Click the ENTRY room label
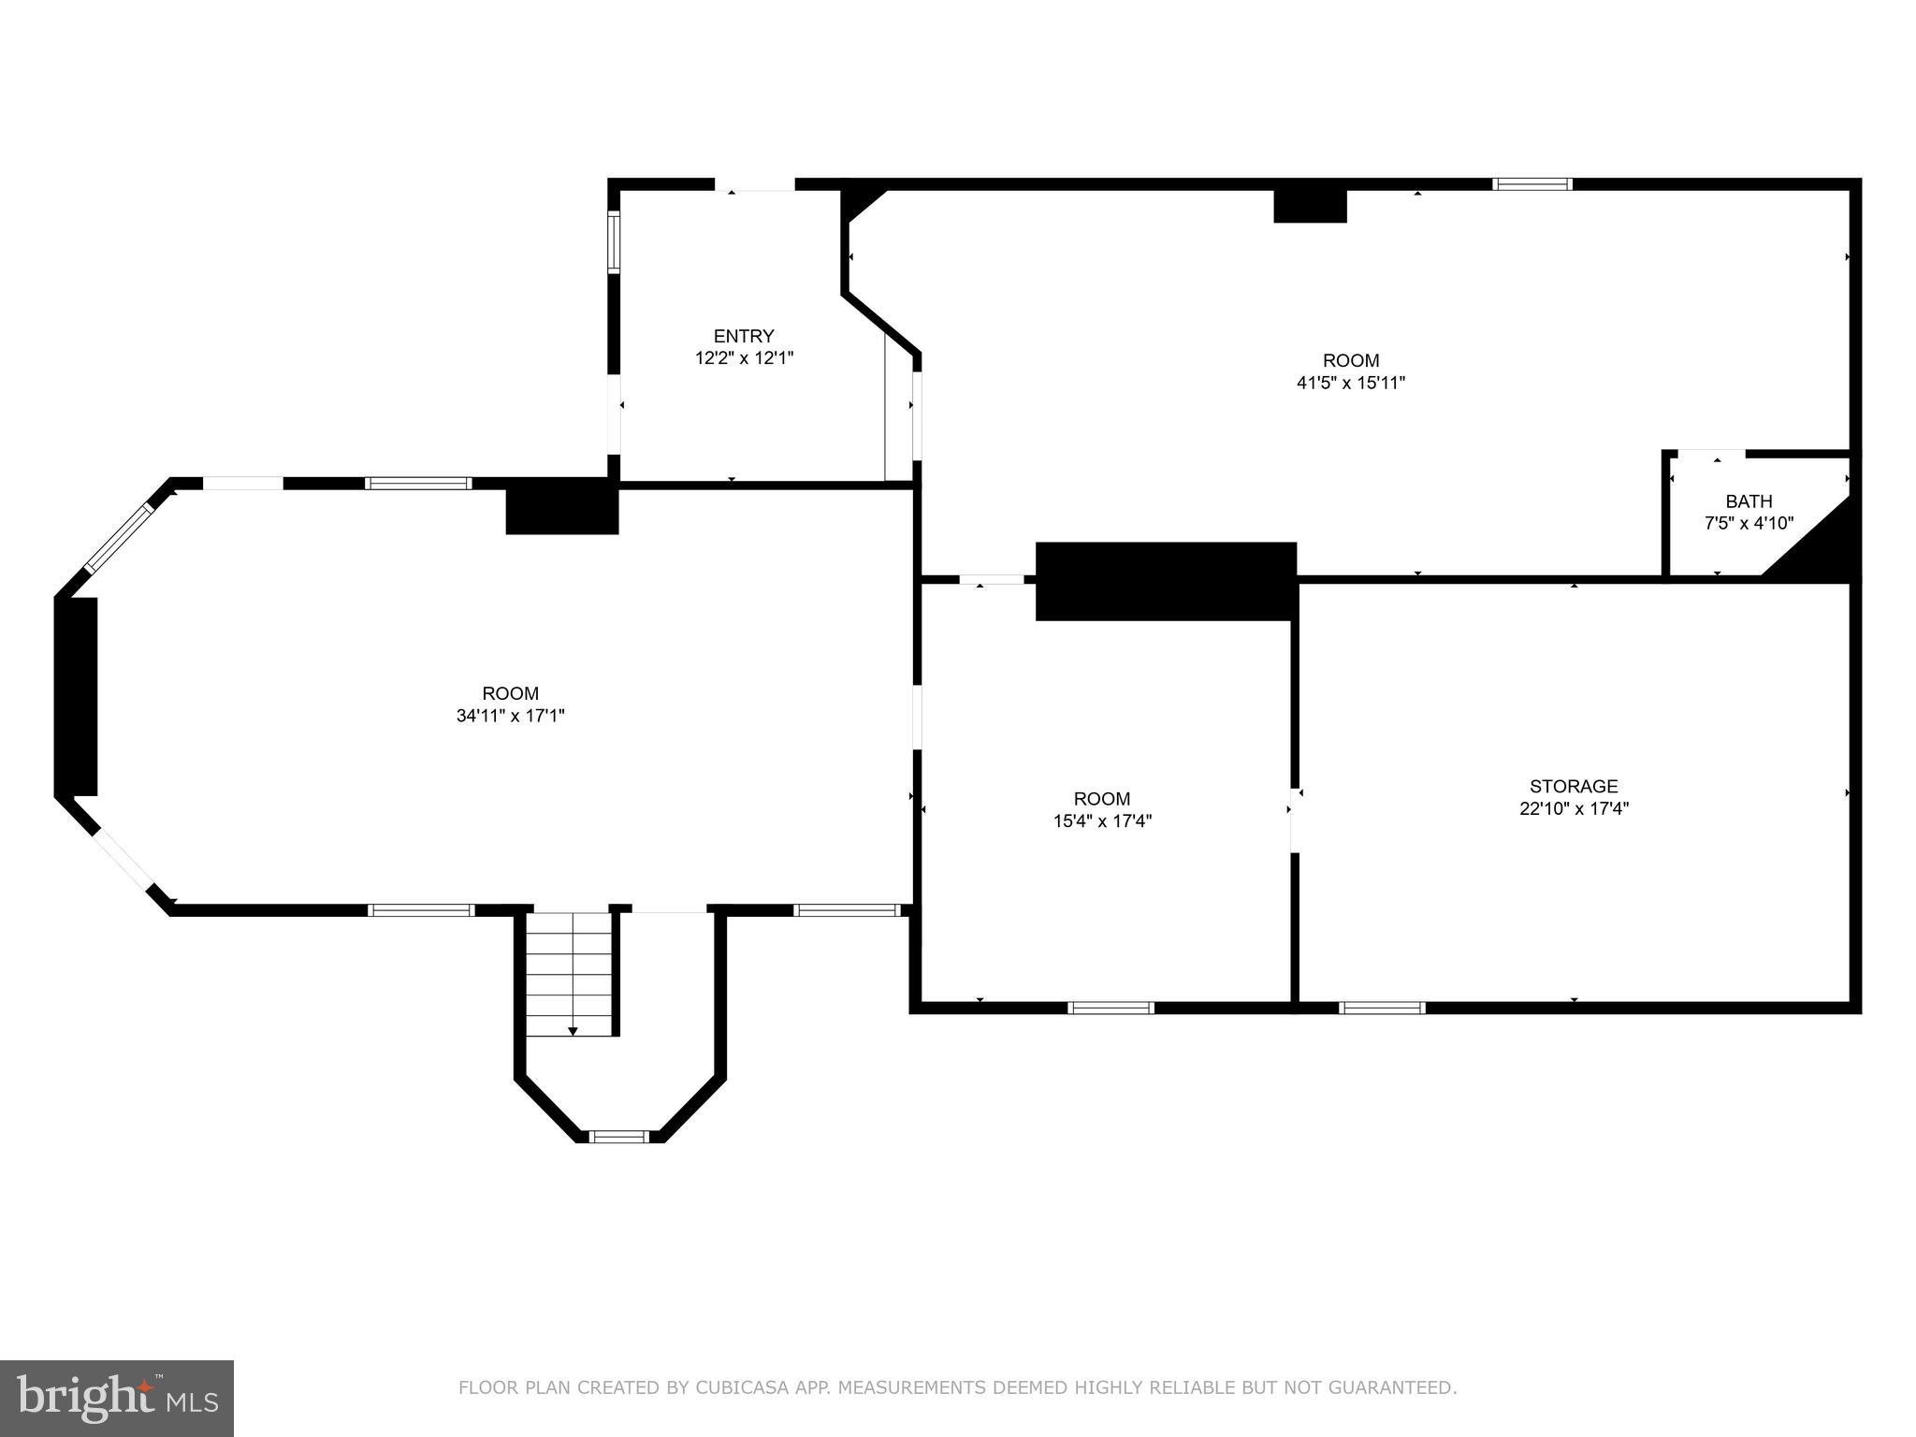pyautogui.click(x=744, y=336)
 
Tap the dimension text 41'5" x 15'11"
pyautogui.click(x=1351, y=383)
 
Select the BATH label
pyautogui.click(x=1749, y=501)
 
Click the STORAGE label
pyautogui.click(x=1574, y=787)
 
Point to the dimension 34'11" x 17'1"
pyautogui.click(x=510, y=716)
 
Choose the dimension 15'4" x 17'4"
pyautogui.click(x=1101, y=821)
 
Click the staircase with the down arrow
pyautogui.click(x=569, y=973)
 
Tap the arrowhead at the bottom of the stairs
pyautogui.click(x=573, y=1031)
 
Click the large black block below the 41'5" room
pyautogui.click(x=1166, y=581)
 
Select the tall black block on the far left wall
pyautogui.click(x=78, y=696)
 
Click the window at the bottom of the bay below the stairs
pyautogui.click(x=618, y=1137)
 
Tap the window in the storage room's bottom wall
pyautogui.click(x=1382, y=1008)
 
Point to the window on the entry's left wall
pyautogui.click(x=614, y=241)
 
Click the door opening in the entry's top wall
pyautogui.click(x=755, y=185)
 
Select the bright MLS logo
pyautogui.click(x=116, y=1398)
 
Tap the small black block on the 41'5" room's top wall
pyautogui.click(x=1310, y=206)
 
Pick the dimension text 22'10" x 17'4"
pyautogui.click(x=1574, y=809)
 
